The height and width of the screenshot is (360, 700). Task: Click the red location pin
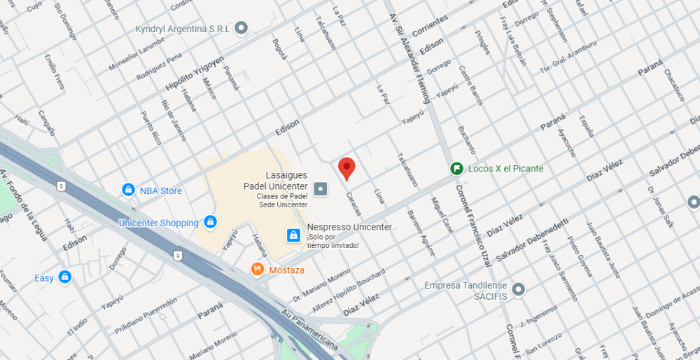click(346, 168)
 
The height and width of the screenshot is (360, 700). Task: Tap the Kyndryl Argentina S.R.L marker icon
click(241, 29)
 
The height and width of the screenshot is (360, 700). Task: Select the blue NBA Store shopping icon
click(128, 190)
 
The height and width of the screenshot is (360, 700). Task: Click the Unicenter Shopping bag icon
click(210, 223)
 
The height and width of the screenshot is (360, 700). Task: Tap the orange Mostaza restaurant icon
click(258, 269)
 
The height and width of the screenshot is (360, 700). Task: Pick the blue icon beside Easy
click(65, 277)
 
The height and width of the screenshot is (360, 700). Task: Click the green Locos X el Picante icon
click(456, 168)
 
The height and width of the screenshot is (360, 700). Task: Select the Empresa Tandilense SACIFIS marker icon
click(518, 289)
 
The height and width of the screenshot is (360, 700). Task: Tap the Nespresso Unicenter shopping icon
click(294, 235)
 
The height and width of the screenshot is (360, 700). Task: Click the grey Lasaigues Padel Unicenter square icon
click(321, 188)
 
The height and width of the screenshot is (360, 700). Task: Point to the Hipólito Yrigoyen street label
click(195, 73)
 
